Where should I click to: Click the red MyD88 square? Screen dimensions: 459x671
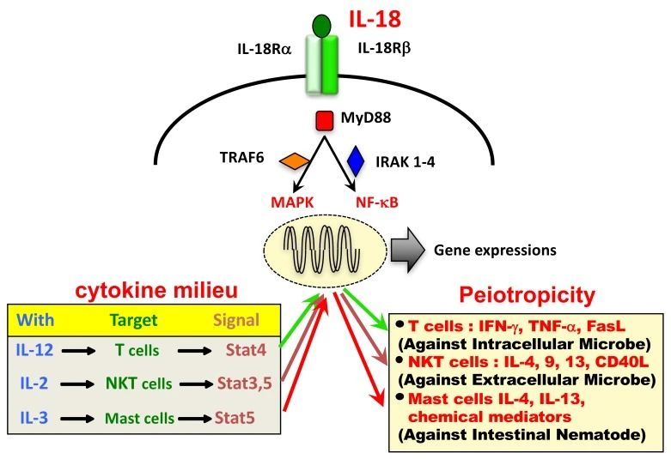coord(325,120)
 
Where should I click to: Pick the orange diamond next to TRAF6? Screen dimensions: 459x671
coord(295,160)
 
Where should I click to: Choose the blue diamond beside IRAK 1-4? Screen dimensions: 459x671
coord(356,160)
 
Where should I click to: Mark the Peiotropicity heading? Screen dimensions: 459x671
coord(525,297)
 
